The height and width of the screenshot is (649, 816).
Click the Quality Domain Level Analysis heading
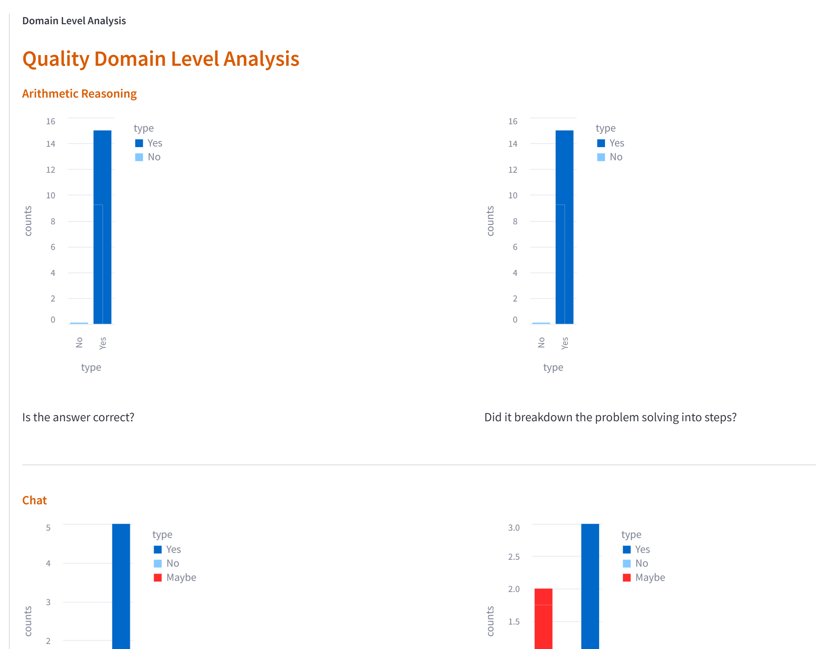[x=160, y=59]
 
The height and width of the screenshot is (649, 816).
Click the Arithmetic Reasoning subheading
[x=79, y=93]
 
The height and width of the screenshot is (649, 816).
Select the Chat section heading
[x=35, y=500]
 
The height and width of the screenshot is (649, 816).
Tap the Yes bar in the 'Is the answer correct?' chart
[x=103, y=227]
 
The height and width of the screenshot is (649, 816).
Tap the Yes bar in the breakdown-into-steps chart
[x=564, y=227]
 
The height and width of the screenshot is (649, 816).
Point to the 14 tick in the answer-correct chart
[x=51, y=144]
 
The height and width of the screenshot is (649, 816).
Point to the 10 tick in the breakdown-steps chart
[x=512, y=196]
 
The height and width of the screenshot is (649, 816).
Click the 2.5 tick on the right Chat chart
[x=513, y=557]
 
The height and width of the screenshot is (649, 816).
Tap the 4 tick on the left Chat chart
[x=48, y=564]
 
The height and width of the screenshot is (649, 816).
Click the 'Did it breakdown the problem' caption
[x=610, y=417]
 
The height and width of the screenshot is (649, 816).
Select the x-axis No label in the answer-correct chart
[x=79, y=342]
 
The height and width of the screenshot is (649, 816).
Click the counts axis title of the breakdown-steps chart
[x=490, y=221]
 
